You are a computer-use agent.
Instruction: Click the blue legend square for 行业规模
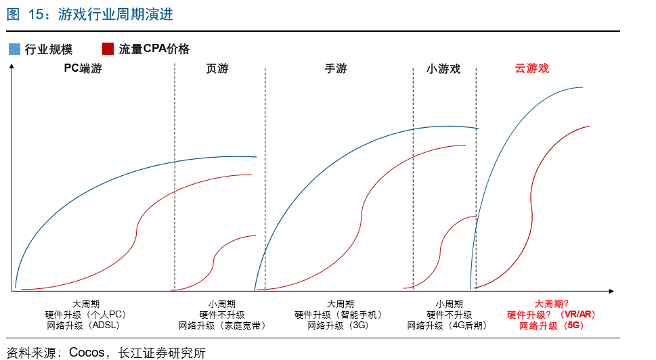tap(14, 49)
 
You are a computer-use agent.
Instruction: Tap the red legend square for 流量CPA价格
tap(107, 49)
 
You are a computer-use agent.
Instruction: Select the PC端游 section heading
tap(83, 68)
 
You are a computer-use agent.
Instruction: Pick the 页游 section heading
tap(217, 68)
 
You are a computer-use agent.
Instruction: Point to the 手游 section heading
tap(336, 68)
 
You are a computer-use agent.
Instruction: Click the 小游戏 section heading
tap(443, 68)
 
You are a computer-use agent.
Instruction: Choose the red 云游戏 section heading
tap(531, 68)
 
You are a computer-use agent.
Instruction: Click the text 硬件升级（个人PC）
tap(86, 315)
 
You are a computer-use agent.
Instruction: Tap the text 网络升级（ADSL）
tap(86, 325)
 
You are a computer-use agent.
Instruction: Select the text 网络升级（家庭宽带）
tap(222, 325)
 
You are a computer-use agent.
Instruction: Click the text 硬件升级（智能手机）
tap(338, 315)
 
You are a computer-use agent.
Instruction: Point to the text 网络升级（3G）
tap(338, 325)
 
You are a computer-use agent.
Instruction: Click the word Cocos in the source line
tap(87, 353)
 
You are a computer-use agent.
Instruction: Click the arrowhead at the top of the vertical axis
tap(12, 65)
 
